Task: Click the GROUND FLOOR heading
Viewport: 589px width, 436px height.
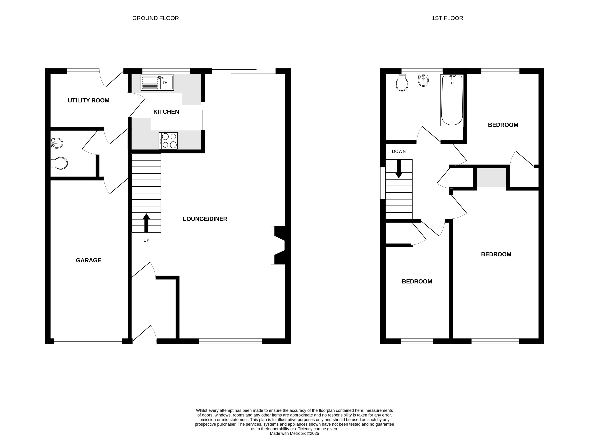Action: (156, 18)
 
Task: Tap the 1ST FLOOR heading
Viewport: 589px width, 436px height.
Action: (447, 18)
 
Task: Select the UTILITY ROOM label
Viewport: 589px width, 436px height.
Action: (89, 100)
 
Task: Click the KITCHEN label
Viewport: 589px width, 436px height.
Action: (166, 112)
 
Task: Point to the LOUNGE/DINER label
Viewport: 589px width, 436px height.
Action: (205, 219)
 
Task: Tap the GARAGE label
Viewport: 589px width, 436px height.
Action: (89, 260)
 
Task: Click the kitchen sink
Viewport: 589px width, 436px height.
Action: (157, 83)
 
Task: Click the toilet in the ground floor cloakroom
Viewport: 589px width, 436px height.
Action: (59, 163)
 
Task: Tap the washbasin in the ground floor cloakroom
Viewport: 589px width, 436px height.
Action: (57, 143)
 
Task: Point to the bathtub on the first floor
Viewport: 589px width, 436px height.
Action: (452, 100)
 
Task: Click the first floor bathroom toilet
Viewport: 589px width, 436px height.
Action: (402, 83)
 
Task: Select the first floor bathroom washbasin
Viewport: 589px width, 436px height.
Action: (423, 81)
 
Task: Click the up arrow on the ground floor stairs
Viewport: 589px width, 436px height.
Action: (146, 223)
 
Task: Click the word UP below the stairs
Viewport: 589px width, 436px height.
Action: (146, 240)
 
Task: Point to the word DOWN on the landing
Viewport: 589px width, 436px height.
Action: (399, 151)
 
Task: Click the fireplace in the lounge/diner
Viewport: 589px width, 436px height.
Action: (278, 245)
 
